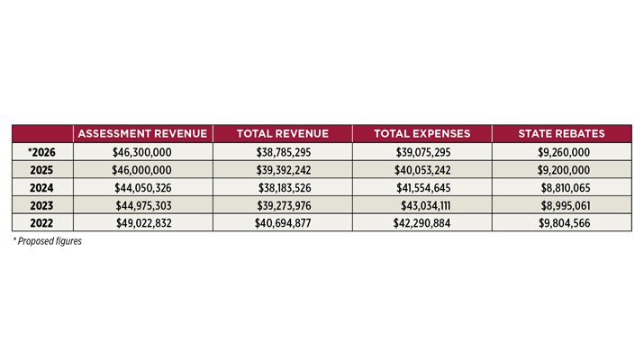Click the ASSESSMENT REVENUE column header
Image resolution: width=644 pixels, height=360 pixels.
[x=142, y=134]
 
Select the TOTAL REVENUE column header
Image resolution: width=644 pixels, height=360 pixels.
[x=283, y=134]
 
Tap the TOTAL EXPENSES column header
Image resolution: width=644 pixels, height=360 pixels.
[x=422, y=134]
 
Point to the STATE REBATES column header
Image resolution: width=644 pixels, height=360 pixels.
[x=561, y=134]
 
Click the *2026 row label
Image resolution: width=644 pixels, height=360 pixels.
[x=41, y=152]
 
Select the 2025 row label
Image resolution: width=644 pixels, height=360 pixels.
[x=41, y=170]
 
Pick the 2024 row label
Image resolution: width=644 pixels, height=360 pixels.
[x=41, y=187]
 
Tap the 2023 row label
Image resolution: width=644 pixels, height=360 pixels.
[x=41, y=205]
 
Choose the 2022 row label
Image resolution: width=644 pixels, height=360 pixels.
[x=41, y=223]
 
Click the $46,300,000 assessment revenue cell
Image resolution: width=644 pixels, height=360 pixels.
[x=142, y=152]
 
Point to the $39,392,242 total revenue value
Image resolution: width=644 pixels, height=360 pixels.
[x=284, y=170]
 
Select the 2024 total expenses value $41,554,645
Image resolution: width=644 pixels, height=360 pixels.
[x=423, y=187]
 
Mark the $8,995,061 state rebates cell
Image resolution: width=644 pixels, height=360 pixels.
[x=566, y=205]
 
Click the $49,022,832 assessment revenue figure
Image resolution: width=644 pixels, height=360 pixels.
[x=144, y=223]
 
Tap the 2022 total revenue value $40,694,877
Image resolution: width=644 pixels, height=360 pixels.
[x=283, y=223]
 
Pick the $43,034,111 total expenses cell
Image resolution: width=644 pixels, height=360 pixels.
[x=426, y=205]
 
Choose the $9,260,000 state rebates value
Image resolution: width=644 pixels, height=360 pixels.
[x=564, y=152]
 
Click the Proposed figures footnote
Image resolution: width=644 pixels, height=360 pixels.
[x=48, y=241]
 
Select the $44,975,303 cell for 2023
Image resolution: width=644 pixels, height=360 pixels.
[x=143, y=205]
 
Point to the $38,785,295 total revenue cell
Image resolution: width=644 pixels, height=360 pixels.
[x=284, y=152]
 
